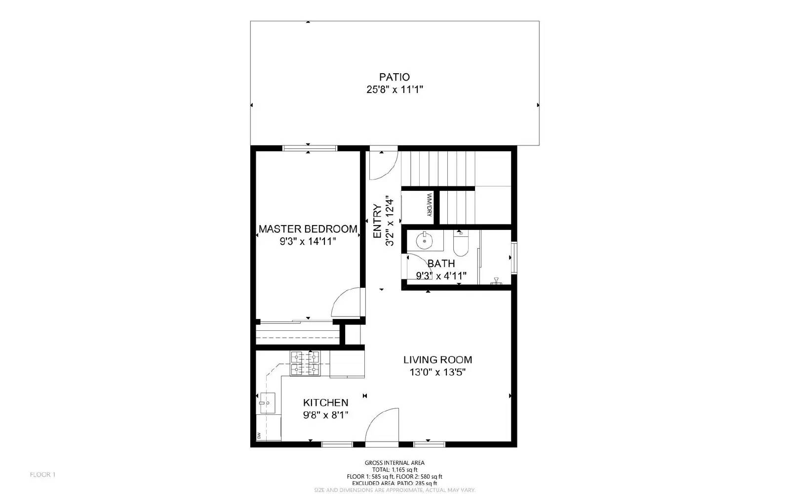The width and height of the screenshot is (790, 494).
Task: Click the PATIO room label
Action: [394, 77]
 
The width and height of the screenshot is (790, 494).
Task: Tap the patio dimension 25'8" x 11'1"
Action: [394, 90]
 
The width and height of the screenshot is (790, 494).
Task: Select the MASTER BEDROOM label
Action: [308, 229]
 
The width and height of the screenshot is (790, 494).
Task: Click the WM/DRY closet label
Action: [429, 205]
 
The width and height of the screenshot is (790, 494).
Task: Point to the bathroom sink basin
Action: [424, 241]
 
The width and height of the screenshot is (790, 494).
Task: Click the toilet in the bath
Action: [460, 244]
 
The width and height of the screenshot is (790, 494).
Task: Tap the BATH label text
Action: [441, 264]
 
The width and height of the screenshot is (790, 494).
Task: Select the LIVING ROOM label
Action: [437, 359]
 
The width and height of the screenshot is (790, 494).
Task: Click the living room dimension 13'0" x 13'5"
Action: [437, 372]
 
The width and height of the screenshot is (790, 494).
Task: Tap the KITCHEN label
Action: [325, 403]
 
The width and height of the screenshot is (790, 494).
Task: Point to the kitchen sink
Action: [267, 403]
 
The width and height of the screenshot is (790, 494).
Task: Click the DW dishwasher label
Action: [258, 436]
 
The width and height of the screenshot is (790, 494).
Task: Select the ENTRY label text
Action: [377, 221]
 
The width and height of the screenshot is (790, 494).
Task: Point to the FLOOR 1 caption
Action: [42, 475]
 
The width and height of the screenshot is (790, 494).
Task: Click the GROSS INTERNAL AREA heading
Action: [395, 463]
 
